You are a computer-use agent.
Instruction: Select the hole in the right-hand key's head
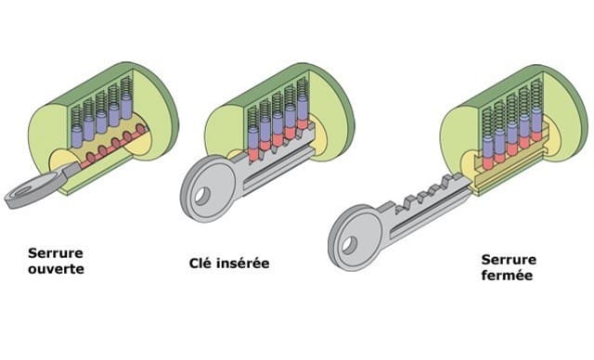tap(349, 245)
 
